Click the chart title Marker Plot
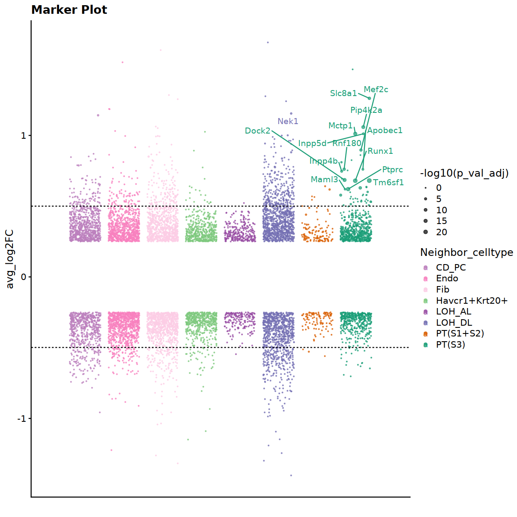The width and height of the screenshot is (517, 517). click(69, 10)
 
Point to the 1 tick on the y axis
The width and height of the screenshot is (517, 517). click(24, 136)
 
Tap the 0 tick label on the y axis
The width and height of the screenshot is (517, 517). click(24, 277)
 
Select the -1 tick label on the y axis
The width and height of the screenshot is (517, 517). click(22, 418)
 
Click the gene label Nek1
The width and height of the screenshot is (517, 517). click(288, 121)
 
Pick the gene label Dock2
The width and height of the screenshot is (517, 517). click(258, 131)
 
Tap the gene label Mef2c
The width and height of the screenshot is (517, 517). click(376, 90)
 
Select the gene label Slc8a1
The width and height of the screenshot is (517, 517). click(343, 93)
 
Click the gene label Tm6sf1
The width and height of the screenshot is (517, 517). click(389, 183)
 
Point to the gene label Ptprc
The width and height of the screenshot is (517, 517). click(392, 170)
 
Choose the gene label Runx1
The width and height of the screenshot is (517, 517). click(380, 151)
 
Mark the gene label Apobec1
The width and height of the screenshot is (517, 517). click(385, 131)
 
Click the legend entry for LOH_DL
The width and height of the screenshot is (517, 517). click(454, 323)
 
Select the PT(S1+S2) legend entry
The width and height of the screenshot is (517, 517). click(460, 333)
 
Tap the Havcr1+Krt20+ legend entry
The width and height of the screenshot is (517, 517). click(471, 301)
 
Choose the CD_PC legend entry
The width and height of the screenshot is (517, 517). click(451, 268)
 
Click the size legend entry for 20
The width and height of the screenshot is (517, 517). click(442, 232)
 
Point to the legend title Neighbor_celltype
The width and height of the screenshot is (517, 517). click(467, 252)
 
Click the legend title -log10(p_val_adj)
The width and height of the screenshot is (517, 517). click(464, 173)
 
